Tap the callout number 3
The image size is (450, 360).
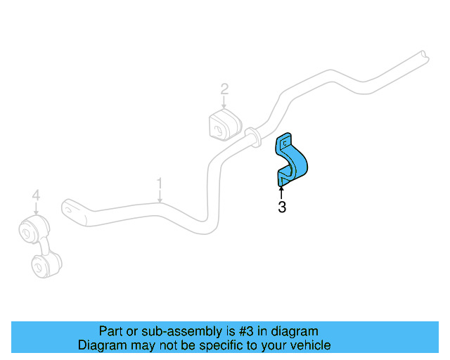point(282,207)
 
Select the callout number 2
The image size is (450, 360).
point(224,89)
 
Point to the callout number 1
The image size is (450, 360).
point(160,183)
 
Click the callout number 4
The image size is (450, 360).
point(36,195)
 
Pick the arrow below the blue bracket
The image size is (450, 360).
point(281,193)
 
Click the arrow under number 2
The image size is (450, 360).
point(224,102)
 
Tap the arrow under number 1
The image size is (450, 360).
point(160,196)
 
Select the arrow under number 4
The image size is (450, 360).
point(36,208)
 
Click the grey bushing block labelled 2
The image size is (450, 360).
point(225,124)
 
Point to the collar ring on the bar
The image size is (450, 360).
point(253,138)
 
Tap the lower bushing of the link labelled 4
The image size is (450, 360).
point(46,264)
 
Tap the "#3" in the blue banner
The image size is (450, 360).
point(246,331)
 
